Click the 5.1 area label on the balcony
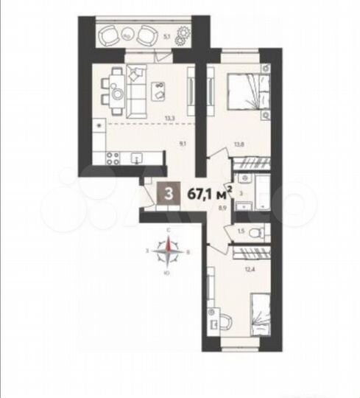click(167, 35)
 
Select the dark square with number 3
click(170, 194)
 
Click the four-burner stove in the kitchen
click(113, 156)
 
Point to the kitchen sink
click(137, 157)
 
